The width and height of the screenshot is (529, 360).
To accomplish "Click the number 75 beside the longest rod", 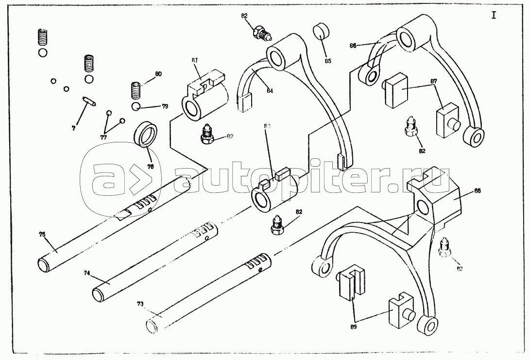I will point(42,234).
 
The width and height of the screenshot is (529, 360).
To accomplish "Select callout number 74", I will point(87,274).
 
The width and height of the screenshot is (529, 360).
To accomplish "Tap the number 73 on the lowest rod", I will point(140,304).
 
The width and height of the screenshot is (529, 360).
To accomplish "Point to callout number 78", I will point(151,166).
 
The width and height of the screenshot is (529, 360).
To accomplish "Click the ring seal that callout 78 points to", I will point(145,134).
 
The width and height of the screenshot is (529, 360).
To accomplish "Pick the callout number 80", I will point(158,74).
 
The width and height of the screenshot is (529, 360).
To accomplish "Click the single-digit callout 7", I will point(73,128).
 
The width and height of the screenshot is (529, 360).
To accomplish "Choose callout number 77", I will point(103,137).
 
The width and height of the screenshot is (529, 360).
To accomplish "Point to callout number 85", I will point(328,61).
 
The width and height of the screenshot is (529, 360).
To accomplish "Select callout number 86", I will point(353,45).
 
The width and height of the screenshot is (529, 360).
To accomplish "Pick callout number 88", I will point(478,191).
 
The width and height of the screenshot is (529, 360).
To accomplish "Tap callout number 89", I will point(353,327).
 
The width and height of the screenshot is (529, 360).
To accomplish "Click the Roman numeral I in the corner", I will point(494,15).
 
